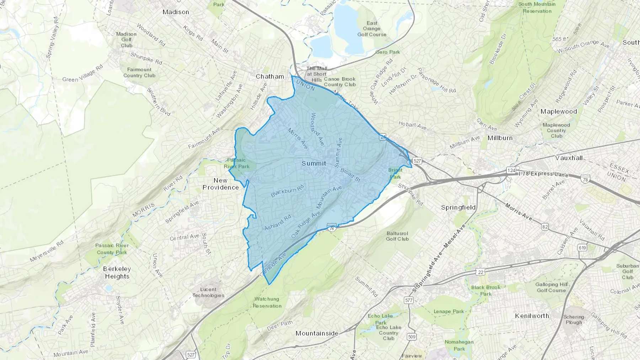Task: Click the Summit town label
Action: click(314, 163)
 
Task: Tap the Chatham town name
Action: click(270, 76)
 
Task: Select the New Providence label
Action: click(220, 184)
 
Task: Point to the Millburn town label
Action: click(500, 138)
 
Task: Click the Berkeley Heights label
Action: click(117, 273)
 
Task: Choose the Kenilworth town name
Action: click(532, 316)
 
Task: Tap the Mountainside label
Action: click(317, 333)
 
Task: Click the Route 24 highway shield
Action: click(383, 137)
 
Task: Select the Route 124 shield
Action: click(511, 171)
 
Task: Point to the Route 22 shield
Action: click(481, 272)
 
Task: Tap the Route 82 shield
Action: click(545, 227)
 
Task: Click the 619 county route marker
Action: click(582, 248)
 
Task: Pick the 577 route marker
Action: click(409, 300)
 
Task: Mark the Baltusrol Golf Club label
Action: click(397, 236)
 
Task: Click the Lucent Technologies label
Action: click(208, 292)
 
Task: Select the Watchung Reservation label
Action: click(267, 302)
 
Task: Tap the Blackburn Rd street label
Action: click(287, 190)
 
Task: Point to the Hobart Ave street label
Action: click(412, 125)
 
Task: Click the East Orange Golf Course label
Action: click(372, 29)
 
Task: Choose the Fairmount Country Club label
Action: click(139, 72)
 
